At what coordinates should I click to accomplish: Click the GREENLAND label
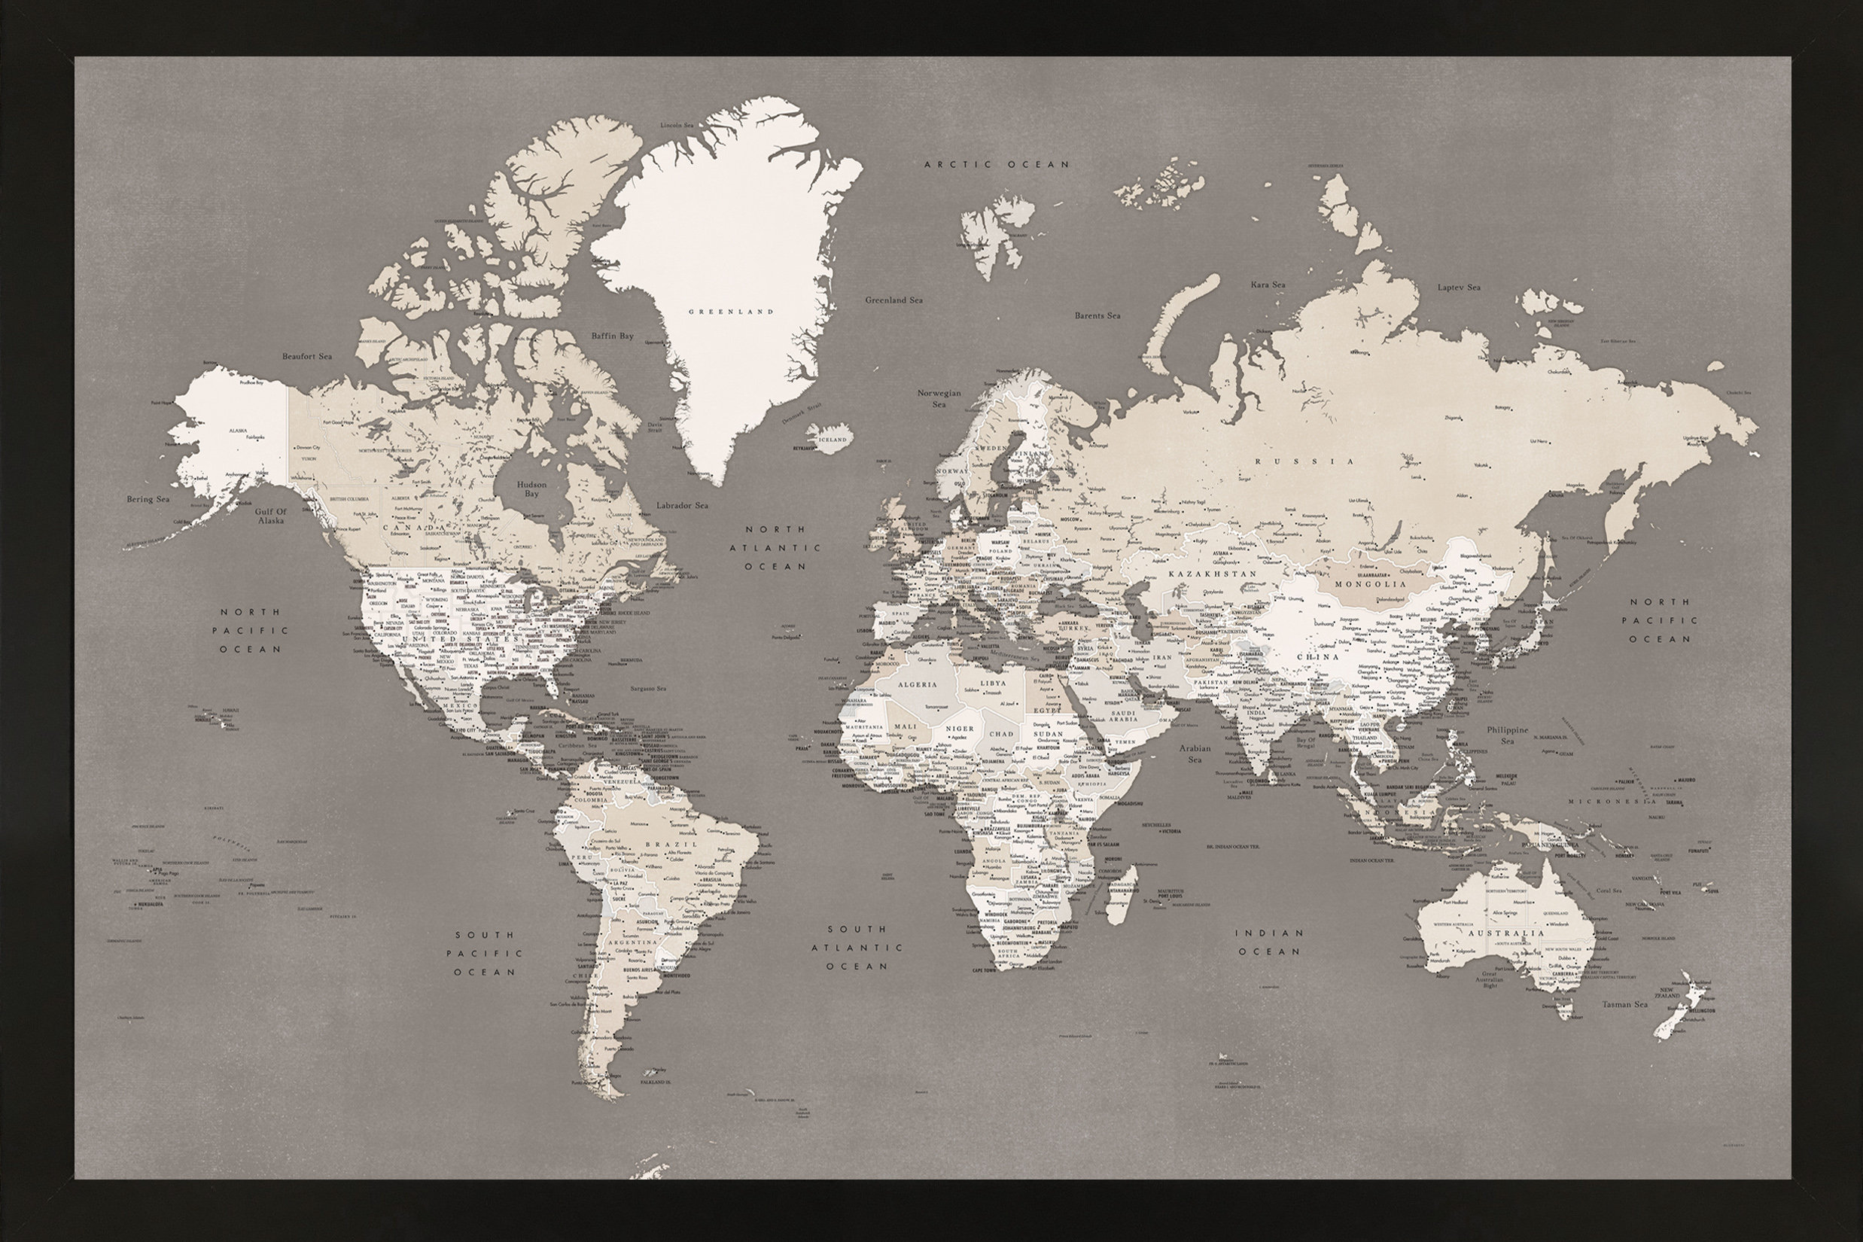730,312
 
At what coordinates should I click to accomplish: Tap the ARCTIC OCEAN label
997,165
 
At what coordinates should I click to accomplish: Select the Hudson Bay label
531,489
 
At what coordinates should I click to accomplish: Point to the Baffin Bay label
612,336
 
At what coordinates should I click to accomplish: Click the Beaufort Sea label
306,357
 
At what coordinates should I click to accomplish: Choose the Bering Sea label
148,500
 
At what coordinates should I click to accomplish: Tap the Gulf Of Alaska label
270,516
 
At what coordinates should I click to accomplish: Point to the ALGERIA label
918,684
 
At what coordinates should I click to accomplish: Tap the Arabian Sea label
1195,753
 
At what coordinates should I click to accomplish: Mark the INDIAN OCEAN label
1268,942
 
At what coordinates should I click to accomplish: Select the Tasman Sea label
1624,1004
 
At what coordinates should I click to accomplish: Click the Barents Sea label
1097,316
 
